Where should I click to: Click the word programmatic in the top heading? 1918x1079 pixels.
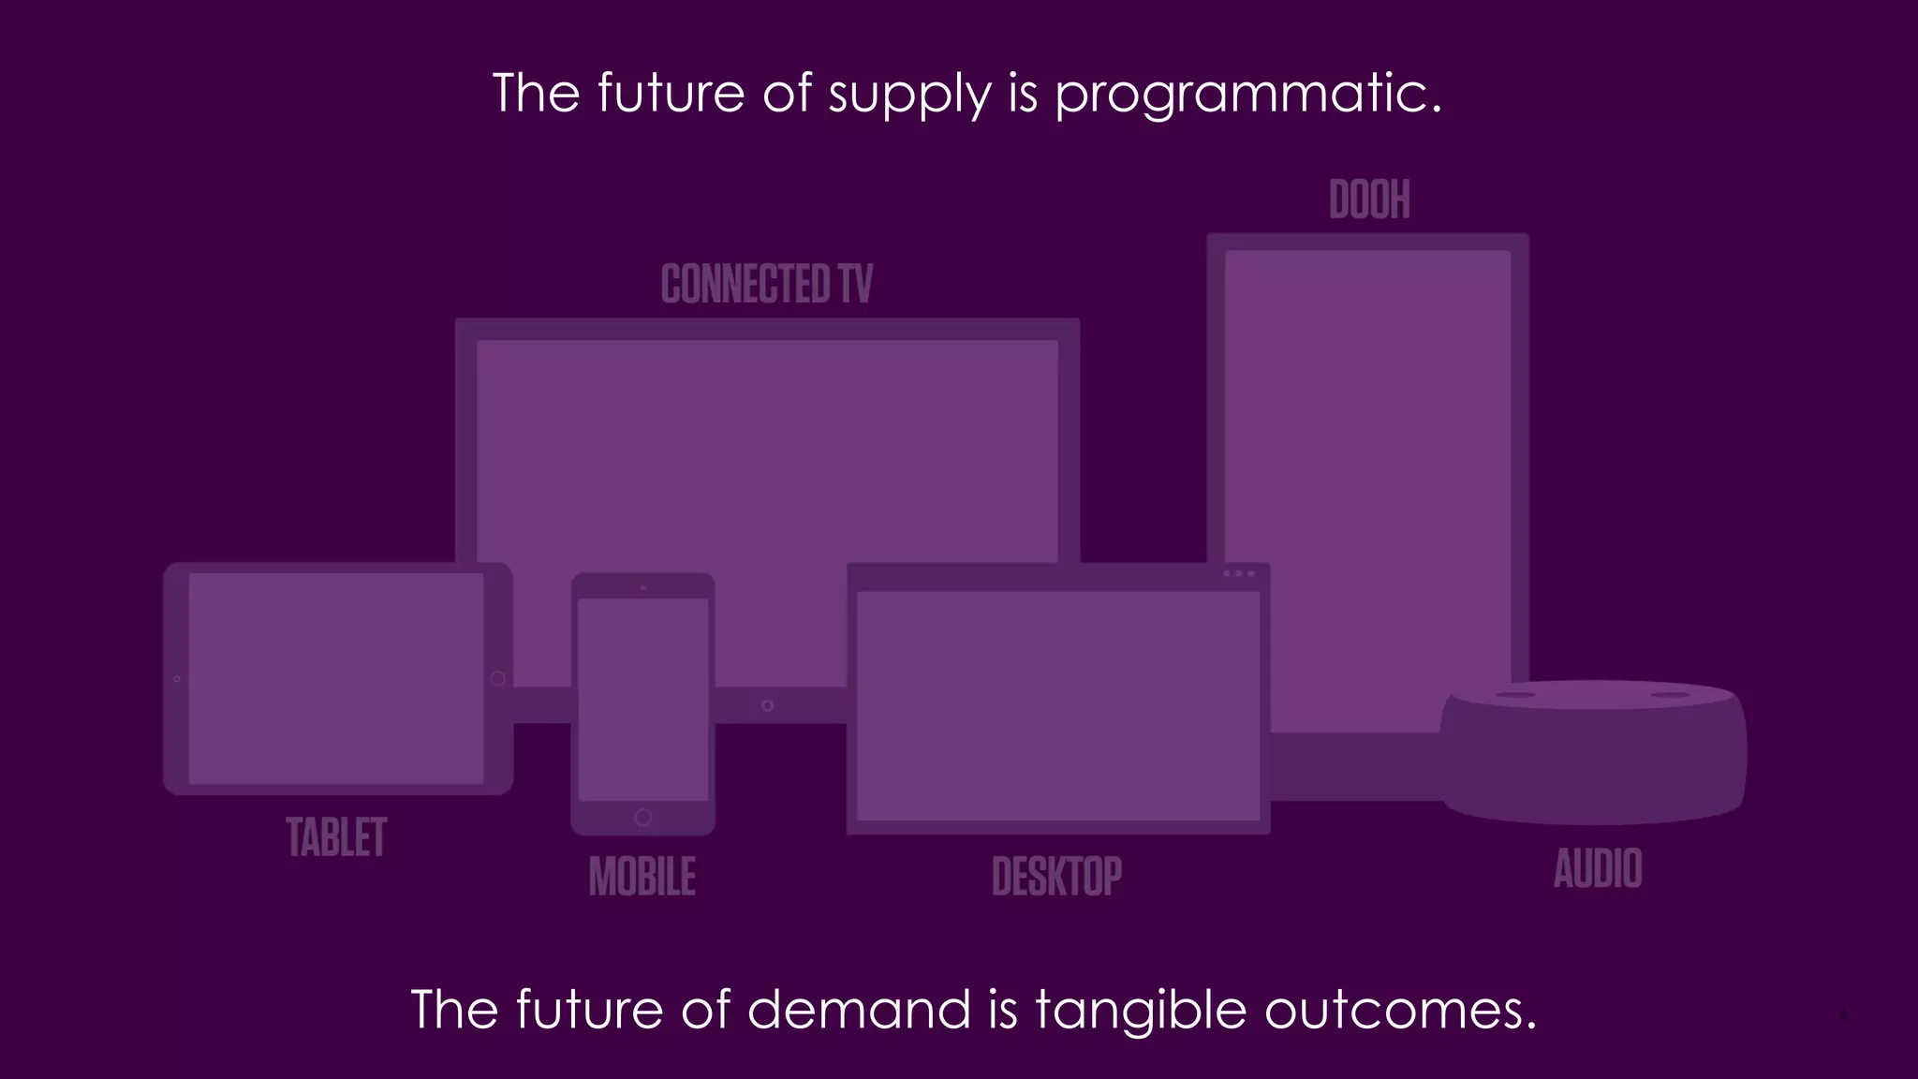point(1247,96)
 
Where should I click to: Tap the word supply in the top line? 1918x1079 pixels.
point(908,96)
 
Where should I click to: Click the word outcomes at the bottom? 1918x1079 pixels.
point(1399,1012)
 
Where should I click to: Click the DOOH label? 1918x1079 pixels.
point(1369,200)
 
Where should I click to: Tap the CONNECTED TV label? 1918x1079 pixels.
point(766,284)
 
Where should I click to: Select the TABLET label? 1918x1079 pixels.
point(336,837)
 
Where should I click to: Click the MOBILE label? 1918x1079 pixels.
point(642,877)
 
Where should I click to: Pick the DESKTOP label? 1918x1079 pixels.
point(1056,877)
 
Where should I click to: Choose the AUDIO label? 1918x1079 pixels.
point(1598,868)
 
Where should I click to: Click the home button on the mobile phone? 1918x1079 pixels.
point(642,818)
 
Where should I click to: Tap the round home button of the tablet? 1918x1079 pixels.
point(498,678)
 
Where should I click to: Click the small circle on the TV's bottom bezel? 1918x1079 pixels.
point(767,705)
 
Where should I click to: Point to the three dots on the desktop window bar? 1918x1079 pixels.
point(1238,573)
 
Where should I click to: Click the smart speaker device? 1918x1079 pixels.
point(1592,759)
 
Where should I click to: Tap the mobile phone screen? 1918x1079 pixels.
point(642,699)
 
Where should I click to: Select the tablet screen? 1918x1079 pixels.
point(336,678)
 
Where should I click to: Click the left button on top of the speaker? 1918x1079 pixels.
point(1515,695)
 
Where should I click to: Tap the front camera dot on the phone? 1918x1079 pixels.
point(642,587)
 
